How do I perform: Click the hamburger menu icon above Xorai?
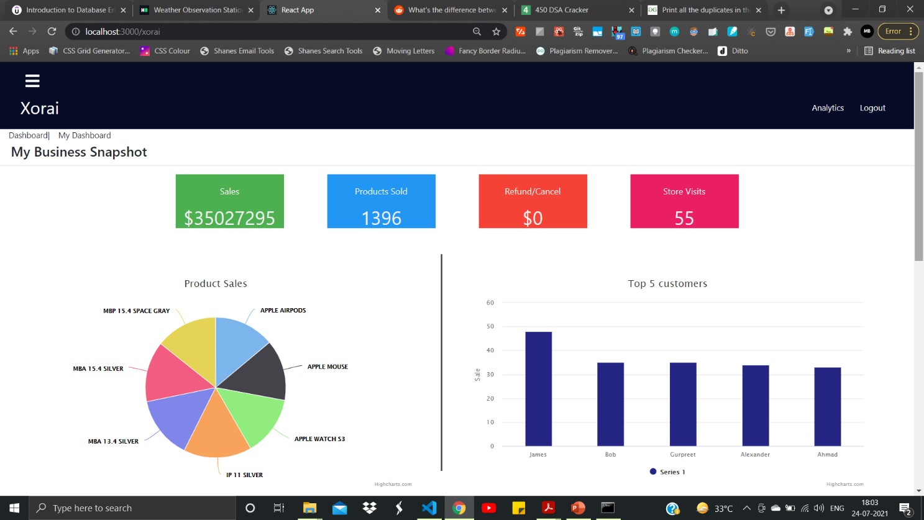[x=32, y=81]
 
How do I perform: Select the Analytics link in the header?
[x=828, y=108]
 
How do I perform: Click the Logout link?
[x=872, y=108]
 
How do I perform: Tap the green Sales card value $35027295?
[x=229, y=218]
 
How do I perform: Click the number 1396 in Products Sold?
[x=382, y=218]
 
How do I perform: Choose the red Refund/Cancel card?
[x=533, y=201]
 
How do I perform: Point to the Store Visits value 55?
[x=684, y=218]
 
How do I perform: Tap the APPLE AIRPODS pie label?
[x=283, y=311]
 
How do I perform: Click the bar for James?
[x=538, y=389]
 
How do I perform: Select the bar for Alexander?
[x=756, y=405]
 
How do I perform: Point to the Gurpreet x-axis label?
[x=683, y=455]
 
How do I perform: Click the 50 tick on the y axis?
[x=490, y=326]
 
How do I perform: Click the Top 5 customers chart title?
[x=667, y=284]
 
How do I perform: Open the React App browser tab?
[x=298, y=10]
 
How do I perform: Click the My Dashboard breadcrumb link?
[x=85, y=135]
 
